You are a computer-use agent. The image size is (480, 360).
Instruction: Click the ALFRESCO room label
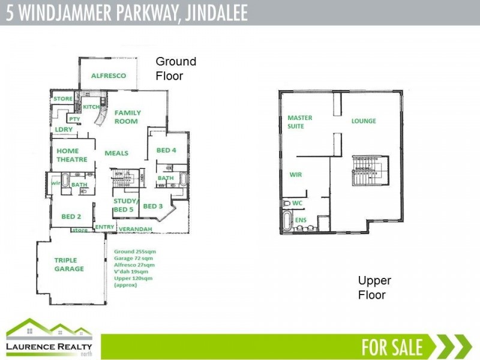coord(108,76)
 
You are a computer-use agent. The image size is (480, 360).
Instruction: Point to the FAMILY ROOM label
coord(127,116)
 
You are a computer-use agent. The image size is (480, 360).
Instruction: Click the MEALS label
coord(116,153)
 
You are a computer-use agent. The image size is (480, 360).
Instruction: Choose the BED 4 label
coord(166,150)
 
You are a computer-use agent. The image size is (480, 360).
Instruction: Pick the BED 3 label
coord(153,206)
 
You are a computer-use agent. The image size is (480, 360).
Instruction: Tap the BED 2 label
coord(71,216)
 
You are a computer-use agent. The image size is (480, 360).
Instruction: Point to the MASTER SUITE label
coord(299,122)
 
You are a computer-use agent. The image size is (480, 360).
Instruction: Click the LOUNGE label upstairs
coord(364,121)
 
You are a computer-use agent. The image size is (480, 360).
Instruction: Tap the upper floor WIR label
coord(295,175)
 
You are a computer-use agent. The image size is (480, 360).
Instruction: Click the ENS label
coord(301,220)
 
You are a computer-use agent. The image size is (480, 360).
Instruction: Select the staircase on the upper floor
coord(366,169)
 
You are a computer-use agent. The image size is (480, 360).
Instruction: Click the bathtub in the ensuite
coord(287,221)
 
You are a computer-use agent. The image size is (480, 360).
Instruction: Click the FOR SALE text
coord(392,347)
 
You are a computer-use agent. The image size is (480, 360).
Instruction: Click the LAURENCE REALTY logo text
coord(49,347)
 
